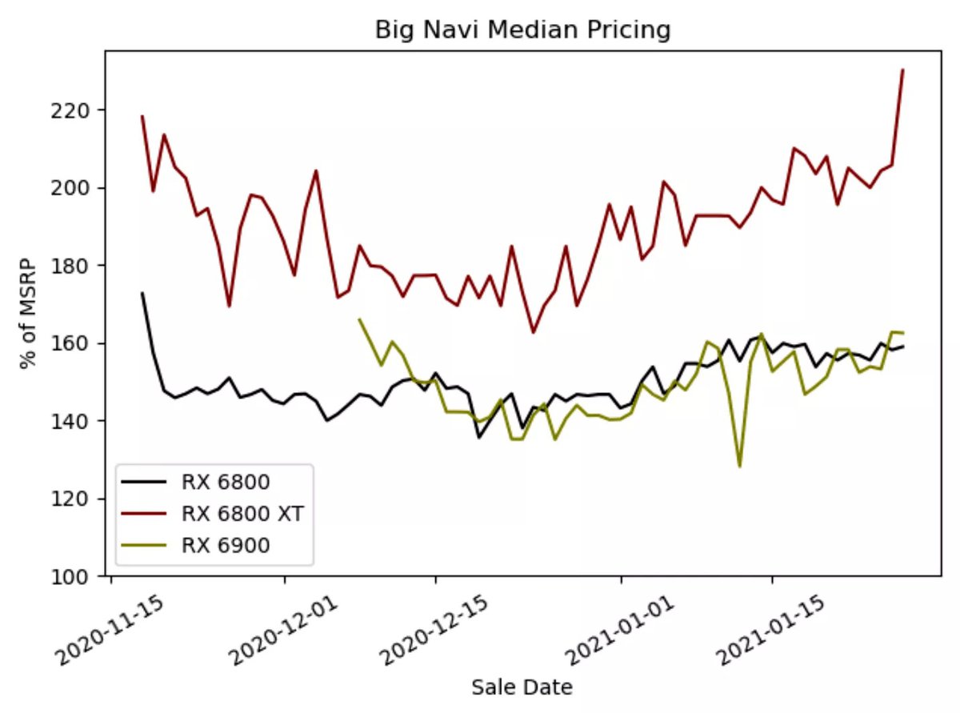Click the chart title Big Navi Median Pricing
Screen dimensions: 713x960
(x=522, y=30)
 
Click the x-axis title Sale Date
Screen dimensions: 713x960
(x=522, y=687)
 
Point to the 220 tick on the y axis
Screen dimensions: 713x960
(x=80, y=110)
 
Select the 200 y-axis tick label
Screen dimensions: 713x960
(x=80, y=187)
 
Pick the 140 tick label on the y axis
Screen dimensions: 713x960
(x=80, y=421)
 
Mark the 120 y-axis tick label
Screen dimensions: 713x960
(x=80, y=499)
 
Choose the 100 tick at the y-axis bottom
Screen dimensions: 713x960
(x=80, y=576)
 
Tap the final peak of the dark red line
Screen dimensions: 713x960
(x=902, y=70)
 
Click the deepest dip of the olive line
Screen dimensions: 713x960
(x=739, y=467)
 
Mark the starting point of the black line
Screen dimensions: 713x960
(x=142, y=293)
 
